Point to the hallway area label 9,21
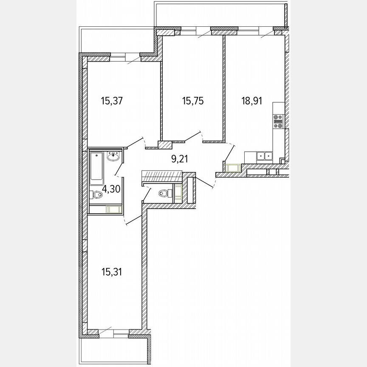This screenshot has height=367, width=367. pyautogui.click(x=179, y=159)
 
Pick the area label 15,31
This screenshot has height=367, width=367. pyautogui.click(x=112, y=271)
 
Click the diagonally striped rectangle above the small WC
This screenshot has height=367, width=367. pyautogui.click(x=161, y=175)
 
